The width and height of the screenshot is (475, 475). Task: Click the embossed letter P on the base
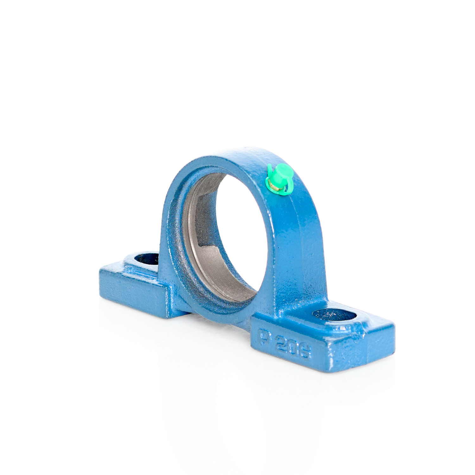coord(263,338)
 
